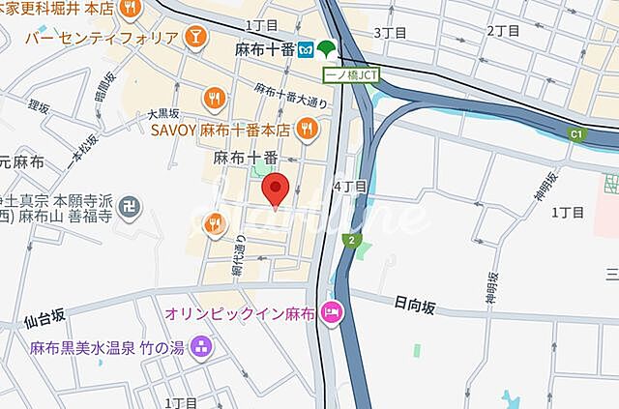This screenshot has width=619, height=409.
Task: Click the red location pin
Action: point(277,190)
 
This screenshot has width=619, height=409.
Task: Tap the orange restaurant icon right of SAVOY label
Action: point(307,128)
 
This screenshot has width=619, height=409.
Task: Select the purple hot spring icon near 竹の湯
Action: point(201,345)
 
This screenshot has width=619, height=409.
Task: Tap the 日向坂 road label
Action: point(415,307)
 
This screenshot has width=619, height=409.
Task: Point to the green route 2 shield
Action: point(355,240)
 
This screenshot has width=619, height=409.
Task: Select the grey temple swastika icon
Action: point(132,205)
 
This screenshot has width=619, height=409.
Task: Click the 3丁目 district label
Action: point(390,32)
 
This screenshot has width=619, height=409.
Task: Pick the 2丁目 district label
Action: point(503,30)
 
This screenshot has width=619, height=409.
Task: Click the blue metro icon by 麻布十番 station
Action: point(305,48)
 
